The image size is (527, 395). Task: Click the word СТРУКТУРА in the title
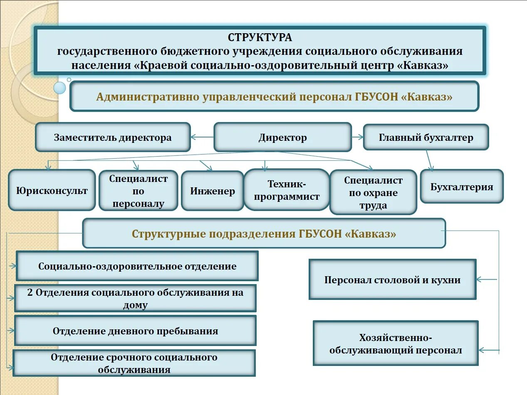[x=260, y=37]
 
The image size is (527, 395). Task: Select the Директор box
[x=282, y=137]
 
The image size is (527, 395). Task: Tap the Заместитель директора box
[x=113, y=137]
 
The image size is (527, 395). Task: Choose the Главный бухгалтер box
[x=426, y=137]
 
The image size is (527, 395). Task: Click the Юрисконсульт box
[x=52, y=190]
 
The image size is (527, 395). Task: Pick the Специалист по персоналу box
[x=138, y=191]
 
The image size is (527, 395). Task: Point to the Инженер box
[x=213, y=191]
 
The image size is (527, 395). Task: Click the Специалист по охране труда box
[x=373, y=192]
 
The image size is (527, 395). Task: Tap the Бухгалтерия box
[x=462, y=186]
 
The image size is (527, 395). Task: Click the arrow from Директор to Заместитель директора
[x=202, y=137]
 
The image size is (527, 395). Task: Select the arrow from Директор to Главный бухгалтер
[x=357, y=137]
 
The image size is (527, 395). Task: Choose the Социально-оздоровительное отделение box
[x=137, y=266]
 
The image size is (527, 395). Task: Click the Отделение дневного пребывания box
[x=135, y=331]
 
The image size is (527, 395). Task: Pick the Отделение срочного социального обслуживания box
[x=134, y=363]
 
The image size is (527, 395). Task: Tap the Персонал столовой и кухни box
[x=392, y=280]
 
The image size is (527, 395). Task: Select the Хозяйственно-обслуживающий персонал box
[x=396, y=343]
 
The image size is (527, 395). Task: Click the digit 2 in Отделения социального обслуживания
[x=30, y=292]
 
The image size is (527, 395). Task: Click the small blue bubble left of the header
[x=59, y=87]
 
